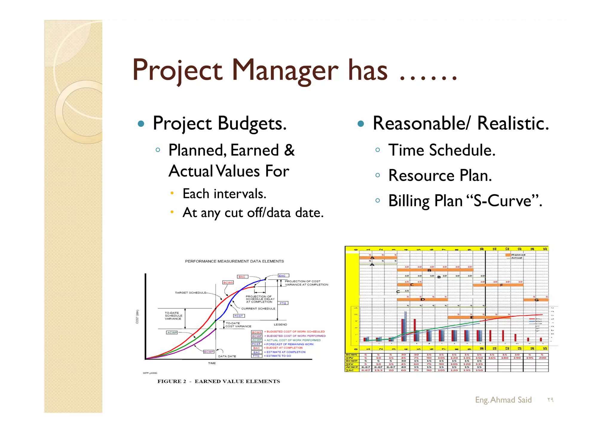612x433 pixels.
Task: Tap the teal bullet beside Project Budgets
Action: [141, 124]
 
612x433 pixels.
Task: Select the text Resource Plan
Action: [440, 176]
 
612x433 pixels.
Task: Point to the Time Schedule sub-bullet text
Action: [441, 150]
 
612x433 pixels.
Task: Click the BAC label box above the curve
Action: [242, 277]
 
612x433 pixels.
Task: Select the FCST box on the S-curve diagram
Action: [239, 316]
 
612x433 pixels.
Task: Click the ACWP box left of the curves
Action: [172, 333]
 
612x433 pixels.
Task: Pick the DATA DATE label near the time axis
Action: [227, 356]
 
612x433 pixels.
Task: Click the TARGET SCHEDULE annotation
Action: [190, 293]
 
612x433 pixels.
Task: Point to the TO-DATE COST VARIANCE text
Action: [238, 325]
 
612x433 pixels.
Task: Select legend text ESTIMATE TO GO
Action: [279, 356]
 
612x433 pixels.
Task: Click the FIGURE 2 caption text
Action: [218, 381]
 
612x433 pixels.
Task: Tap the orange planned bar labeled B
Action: [435, 270]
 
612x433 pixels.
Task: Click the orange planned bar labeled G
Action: [536, 300]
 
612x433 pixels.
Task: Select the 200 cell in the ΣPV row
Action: [542, 358]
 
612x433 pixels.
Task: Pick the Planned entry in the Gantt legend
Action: [518, 255]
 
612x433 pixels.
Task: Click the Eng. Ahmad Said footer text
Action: [503, 400]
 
